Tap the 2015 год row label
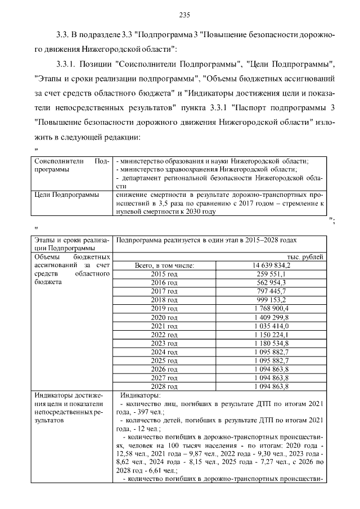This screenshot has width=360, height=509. (164, 273)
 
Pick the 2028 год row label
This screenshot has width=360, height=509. (164, 386)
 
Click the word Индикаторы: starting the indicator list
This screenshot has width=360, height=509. (141, 396)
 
